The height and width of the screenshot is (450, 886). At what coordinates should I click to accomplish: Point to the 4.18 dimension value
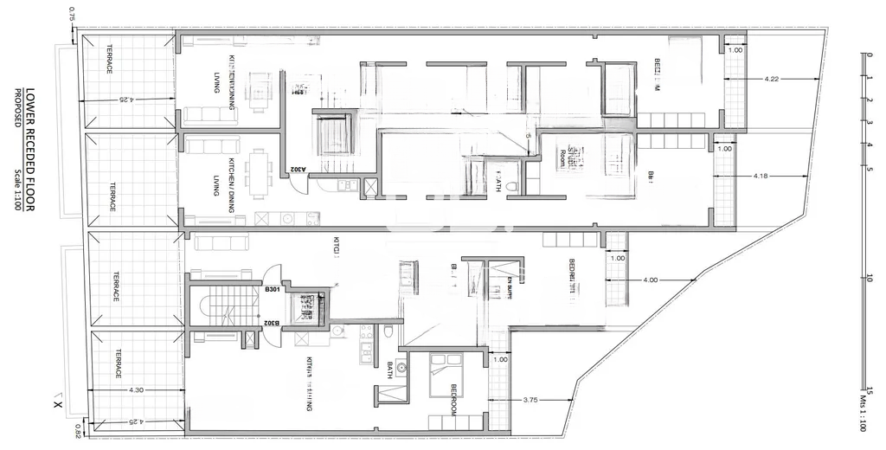coord(761,177)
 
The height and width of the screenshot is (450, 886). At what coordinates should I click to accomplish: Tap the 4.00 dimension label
coord(651,280)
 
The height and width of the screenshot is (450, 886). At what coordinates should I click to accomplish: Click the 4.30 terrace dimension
coord(136,390)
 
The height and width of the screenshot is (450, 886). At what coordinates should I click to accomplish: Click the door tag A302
coord(295,158)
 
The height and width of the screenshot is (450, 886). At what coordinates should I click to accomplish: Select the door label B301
coord(272,289)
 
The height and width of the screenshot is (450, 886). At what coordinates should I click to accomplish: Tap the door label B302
coord(272,323)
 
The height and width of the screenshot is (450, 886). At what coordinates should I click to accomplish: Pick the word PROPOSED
coord(16,108)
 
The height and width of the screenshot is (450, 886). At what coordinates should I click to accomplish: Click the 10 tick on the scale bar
coord(869,278)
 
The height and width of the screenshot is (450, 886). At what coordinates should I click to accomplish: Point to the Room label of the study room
coord(563,158)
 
